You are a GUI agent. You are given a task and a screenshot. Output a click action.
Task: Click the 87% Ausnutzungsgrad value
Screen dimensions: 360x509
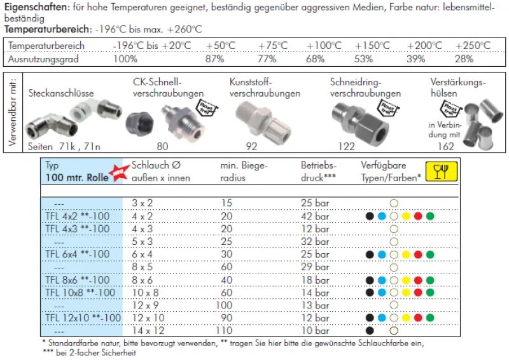(214, 59)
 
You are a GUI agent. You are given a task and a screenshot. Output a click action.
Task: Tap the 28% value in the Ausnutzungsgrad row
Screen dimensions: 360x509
(464, 59)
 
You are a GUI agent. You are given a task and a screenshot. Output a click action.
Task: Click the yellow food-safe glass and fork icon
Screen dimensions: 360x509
(440, 172)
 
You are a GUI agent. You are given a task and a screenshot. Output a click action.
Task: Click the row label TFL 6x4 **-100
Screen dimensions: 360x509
(78, 254)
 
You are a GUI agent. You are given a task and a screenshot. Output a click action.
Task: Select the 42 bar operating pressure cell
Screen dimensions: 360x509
(315, 216)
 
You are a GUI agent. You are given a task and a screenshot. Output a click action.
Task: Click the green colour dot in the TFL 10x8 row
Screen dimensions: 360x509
(431, 293)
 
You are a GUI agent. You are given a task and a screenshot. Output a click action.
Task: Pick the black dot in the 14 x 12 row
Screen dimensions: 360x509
(370, 331)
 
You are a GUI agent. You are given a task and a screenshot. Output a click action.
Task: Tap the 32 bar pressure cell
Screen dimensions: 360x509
(315, 242)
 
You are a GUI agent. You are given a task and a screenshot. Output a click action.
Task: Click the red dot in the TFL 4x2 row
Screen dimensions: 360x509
(418, 216)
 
